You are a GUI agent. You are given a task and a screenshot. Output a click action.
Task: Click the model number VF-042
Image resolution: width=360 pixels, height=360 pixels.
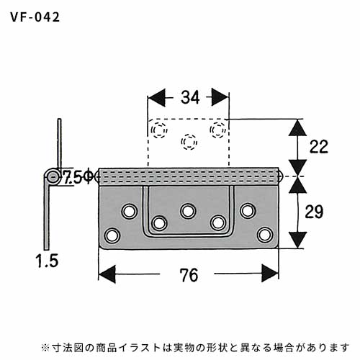35,17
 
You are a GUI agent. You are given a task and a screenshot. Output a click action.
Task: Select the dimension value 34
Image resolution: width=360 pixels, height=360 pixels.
190,97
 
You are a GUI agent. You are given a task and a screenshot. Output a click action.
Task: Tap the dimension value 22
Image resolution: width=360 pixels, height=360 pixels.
319,146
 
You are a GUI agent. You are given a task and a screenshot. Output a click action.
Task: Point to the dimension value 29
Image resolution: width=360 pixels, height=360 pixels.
314,212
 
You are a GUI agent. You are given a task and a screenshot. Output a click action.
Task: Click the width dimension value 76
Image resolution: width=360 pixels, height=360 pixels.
189,275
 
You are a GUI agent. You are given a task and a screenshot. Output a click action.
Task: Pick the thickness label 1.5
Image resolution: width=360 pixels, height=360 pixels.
47,261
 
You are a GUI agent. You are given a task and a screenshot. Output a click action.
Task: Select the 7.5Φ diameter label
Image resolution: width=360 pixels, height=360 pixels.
77,178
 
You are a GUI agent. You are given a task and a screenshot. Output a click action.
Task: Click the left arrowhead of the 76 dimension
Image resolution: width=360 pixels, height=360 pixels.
107,274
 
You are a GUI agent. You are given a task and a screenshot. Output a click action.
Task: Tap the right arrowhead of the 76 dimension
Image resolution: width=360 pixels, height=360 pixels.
270,273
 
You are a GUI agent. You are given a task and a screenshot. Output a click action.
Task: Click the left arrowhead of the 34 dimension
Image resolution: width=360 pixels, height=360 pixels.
156,97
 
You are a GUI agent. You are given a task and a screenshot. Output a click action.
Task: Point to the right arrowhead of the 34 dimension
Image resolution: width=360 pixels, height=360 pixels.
220,97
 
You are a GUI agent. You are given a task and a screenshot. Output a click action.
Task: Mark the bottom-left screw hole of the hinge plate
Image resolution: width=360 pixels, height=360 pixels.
112,235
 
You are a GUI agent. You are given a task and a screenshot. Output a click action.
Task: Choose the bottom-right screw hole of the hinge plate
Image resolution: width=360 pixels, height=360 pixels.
265,235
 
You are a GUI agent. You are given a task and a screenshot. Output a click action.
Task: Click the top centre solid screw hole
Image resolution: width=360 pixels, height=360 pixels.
188,211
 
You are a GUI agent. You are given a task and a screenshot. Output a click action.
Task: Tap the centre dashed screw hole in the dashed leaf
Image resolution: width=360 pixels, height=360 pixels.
189,142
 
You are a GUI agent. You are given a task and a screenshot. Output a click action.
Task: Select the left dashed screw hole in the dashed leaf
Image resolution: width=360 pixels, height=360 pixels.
159,130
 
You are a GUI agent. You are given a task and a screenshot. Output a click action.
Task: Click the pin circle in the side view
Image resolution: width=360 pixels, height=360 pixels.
52,177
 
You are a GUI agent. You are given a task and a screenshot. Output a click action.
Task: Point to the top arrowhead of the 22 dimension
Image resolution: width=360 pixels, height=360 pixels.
297,128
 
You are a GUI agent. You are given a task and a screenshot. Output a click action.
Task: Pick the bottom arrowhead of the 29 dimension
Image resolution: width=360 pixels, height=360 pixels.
297,240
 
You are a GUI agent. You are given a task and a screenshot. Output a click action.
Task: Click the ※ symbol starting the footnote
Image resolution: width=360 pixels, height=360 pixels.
45,347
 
